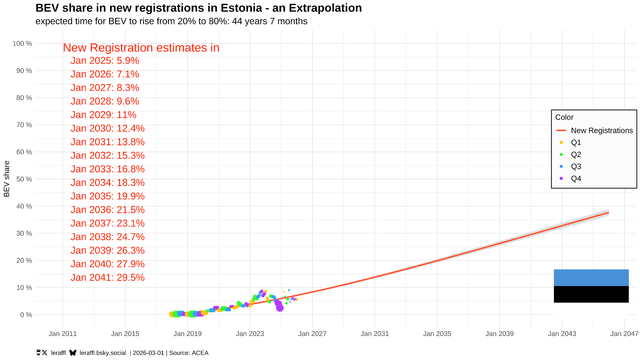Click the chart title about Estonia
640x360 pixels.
(198, 8)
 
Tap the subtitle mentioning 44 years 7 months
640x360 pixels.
(171, 21)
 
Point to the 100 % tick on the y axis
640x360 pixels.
(22, 44)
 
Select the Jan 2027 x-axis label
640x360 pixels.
(312, 334)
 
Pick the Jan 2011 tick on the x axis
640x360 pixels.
(63, 334)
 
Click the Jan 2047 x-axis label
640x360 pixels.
(624, 334)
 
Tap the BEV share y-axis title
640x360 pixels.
(7, 179)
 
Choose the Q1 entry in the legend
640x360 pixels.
(576, 142)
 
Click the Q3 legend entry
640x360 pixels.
(576, 166)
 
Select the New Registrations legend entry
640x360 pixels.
(602, 131)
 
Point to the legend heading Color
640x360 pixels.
(564, 117)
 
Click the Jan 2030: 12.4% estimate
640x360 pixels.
(108, 128)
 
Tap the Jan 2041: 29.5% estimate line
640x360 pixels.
(108, 277)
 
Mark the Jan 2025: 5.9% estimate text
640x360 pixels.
(105, 60)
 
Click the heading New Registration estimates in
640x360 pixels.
(141, 48)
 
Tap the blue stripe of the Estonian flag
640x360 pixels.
(591, 277)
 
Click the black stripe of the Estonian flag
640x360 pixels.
(591, 294)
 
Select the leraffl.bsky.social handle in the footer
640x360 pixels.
(103, 353)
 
